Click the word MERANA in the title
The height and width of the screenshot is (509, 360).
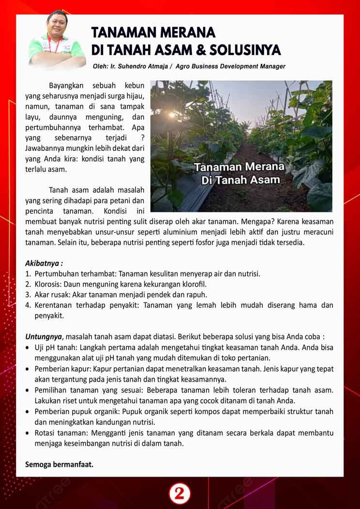184,32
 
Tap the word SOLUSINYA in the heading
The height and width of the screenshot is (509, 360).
240,50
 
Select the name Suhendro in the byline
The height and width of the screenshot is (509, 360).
138,66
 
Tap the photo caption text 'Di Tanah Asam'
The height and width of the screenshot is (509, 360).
240,180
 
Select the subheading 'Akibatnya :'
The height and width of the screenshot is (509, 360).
44,264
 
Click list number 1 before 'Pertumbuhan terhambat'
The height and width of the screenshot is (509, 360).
28,274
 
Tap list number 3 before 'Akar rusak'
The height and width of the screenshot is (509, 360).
28,294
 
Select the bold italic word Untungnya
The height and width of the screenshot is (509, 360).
44,336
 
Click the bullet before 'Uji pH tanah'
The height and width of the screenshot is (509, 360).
28,347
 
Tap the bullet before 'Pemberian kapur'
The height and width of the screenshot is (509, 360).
28,369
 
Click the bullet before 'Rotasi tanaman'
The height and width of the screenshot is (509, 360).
28,433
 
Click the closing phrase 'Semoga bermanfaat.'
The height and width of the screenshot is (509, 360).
59,464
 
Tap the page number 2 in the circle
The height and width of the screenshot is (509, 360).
180,494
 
